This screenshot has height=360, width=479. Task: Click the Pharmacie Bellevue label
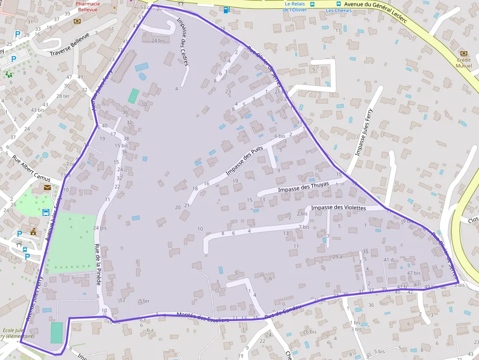(87, 6)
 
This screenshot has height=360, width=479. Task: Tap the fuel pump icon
(226, 9)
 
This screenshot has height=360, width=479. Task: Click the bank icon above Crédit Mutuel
(464, 54)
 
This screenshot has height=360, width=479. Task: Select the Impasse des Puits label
(244, 161)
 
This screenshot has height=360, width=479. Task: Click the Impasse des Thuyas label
(303, 187)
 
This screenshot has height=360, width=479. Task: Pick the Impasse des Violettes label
(338, 208)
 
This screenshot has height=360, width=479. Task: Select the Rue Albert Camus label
(32, 168)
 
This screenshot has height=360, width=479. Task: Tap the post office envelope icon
(47, 187)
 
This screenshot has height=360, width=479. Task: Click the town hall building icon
(33, 231)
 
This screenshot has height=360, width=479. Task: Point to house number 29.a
(337, 256)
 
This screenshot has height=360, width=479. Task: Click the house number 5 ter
(144, 301)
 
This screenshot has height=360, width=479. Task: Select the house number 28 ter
(63, 96)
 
